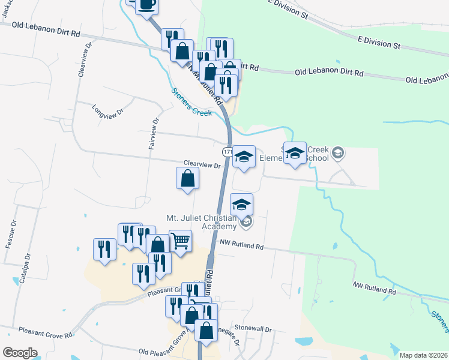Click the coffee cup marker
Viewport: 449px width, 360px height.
147,5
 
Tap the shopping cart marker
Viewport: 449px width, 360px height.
180,241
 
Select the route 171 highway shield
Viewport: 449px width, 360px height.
228,152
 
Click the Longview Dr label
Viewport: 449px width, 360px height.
107,111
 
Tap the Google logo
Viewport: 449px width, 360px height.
20,352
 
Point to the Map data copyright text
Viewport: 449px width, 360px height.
423,355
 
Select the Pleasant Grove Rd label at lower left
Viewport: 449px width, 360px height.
45,331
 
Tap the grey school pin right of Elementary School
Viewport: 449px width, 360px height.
338,153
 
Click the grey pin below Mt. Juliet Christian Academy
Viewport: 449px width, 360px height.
246,223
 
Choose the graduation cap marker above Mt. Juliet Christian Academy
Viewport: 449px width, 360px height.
241,205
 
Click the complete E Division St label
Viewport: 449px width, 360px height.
378,44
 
